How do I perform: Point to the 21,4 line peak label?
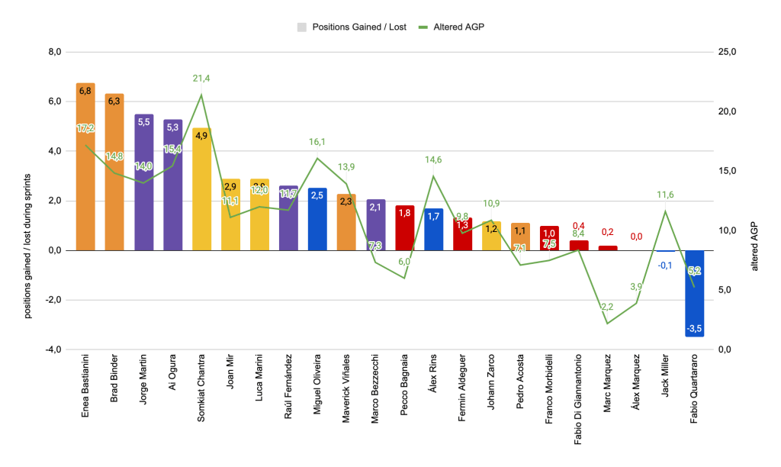point(202,78)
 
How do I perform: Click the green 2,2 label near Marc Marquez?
point(607,307)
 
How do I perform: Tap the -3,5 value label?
point(694,329)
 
